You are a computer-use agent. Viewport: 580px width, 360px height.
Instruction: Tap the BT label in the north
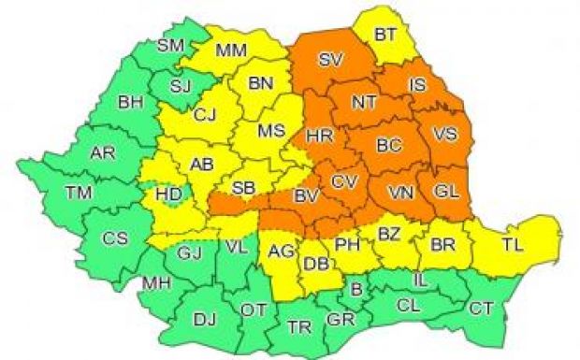(385, 35)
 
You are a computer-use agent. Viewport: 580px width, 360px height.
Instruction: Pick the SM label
(170, 44)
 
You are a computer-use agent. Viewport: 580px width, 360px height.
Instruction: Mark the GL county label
(446, 192)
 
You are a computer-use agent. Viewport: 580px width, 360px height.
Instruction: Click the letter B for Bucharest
(355, 289)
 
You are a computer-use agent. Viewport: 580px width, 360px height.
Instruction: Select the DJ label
(204, 321)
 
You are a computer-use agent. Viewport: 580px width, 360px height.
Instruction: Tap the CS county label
(115, 238)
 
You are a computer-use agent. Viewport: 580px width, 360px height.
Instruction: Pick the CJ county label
(205, 116)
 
